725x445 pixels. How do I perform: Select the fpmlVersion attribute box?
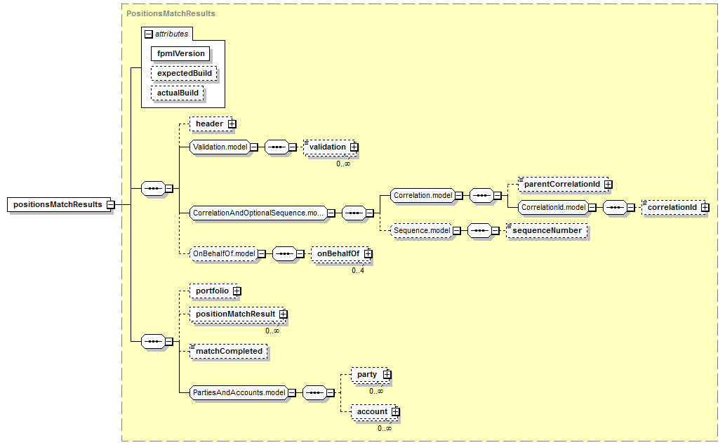pyautogui.click(x=180, y=53)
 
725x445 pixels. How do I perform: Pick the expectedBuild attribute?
pyautogui.click(x=184, y=73)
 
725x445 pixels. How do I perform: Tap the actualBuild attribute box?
pyautogui.click(x=178, y=93)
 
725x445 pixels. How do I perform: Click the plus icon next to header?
pyautogui.click(x=232, y=124)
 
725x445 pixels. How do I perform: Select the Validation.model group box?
pyautogui.click(x=218, y=147)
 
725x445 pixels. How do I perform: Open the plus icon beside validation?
pyautogui.click(x=354, y=147)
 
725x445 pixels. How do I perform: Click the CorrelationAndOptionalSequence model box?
pyautogui.click(x=258, y=213)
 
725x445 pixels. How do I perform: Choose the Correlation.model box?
pyautogui.click(x=423, y=196)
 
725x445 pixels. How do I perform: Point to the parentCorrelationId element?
pyautogui.click(x=561, y=184)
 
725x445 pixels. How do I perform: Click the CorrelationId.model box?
pyautogui.click(x=553, y=208)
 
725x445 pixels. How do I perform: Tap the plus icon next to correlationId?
pyautogui.click(x=705, y=208)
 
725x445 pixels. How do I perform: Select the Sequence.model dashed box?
pyautogui.click(x=421, y=230)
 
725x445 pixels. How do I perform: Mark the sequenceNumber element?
pyautogui.click(x=547, y=230)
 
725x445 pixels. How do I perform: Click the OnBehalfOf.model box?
pyautogui.click(x=222, y=254)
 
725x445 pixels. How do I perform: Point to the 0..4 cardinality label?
pyautogui.click(x=359, y=270)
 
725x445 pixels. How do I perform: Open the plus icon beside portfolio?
pyautogui.click(x=237, y=291)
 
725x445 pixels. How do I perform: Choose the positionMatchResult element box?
pyautogui.click(x=234, y=314)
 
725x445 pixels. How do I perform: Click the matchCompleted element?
pyautogui.click(x=229, y=351)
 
